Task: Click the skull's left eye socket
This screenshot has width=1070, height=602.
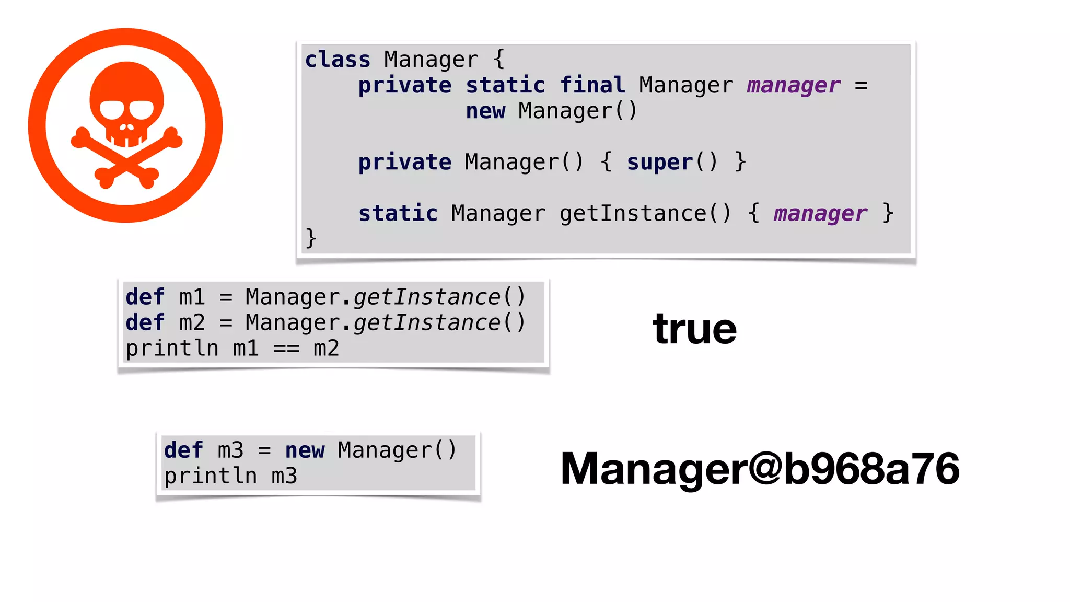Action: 111,110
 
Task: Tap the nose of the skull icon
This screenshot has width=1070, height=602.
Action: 126,127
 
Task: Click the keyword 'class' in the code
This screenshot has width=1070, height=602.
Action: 338,60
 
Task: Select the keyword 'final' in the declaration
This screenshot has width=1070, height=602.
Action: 592,85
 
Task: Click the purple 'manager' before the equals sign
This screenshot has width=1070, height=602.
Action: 793,85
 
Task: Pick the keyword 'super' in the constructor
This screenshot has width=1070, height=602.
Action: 659,162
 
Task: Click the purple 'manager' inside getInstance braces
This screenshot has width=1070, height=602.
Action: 820,213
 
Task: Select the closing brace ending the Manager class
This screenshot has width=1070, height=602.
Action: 311,238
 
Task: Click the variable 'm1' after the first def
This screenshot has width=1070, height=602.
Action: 192,297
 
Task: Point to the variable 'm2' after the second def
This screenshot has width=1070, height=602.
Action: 192,322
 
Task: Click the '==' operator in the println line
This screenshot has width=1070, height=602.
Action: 286,348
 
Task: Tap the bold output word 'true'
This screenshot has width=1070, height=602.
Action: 694,329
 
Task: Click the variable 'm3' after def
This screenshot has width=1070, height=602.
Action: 230,450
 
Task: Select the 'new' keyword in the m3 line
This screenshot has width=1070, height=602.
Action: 305,450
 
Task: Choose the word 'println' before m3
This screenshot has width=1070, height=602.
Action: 211,476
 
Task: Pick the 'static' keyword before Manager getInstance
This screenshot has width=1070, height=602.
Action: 398,213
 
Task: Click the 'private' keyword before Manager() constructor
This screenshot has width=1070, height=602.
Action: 404,162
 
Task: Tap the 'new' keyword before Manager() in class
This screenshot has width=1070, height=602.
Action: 485,111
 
